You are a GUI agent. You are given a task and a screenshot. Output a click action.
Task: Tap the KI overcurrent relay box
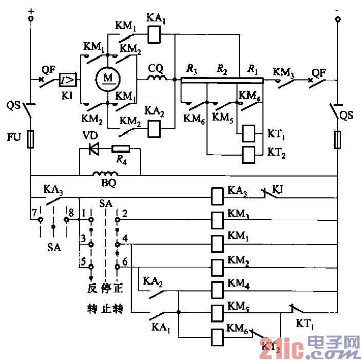point(69,80)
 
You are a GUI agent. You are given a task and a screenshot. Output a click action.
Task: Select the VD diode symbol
point(93,149)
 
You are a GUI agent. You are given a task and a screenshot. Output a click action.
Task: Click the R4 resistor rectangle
point(122,149)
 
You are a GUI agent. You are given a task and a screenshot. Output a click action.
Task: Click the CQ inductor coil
point(157,79)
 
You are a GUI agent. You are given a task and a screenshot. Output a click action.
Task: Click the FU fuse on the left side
point(30,139)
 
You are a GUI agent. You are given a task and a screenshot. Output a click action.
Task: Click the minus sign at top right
point(338,10)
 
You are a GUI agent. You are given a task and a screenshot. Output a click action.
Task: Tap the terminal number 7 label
point(33,211)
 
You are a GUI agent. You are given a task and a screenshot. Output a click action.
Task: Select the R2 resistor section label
point(222,68)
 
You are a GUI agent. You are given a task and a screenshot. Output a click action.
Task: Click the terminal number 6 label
point(125,260)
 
